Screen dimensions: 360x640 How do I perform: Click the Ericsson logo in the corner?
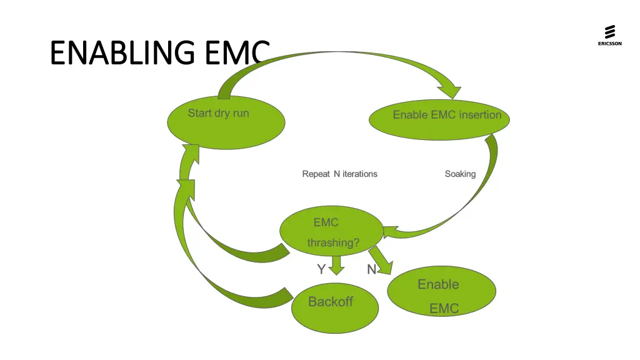click(609, 35)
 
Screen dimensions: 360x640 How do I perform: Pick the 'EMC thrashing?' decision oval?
click(331, 232)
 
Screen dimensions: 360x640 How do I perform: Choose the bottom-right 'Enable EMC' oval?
click(442, 293)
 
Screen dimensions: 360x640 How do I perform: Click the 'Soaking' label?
click(460, 174)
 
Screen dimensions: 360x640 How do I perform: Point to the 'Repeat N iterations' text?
click(339, 174)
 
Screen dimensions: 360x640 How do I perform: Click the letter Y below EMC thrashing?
click(321, 269)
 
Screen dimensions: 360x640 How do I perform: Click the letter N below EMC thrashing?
click(371, 269)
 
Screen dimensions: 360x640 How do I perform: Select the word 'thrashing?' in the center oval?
click(333, 243)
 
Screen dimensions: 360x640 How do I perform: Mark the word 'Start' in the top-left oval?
click(200, 113)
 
